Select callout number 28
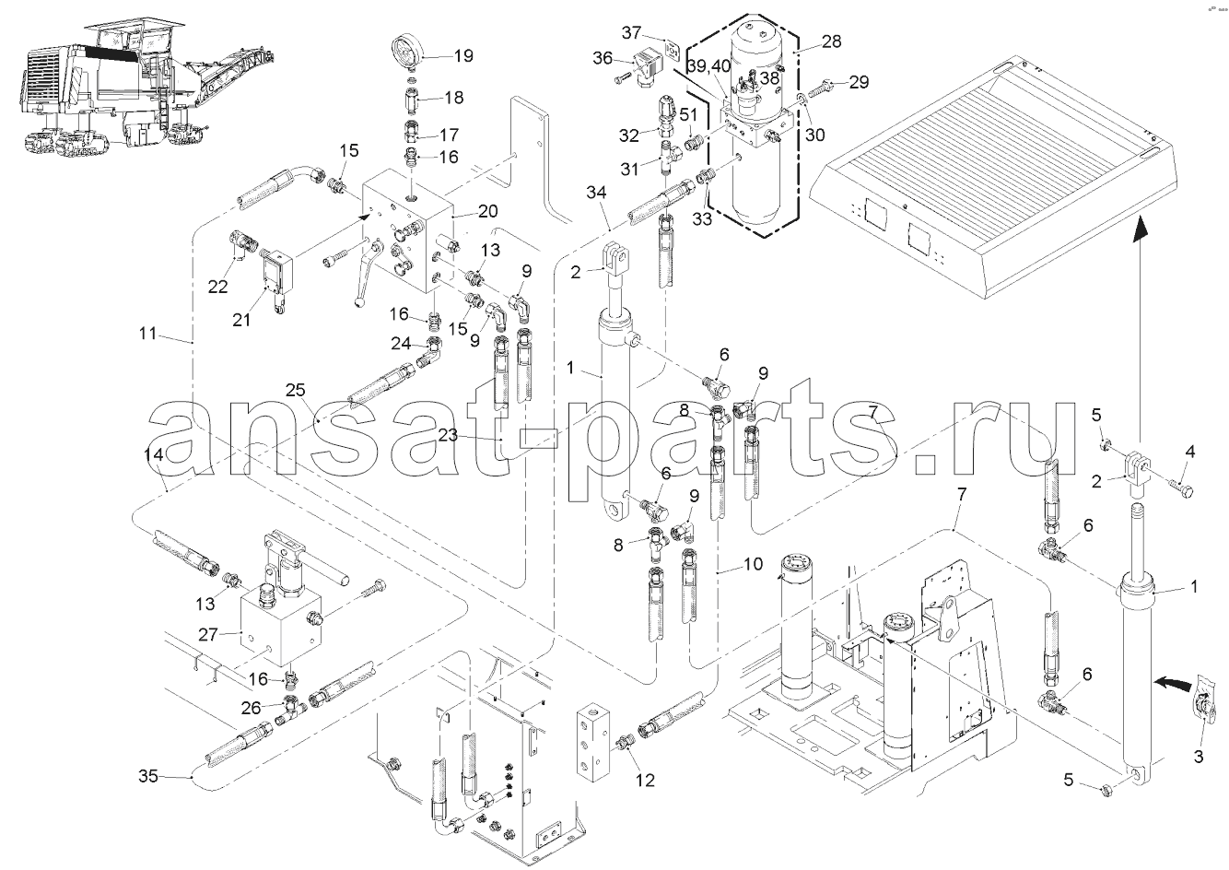click(831, 43)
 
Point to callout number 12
click(645, 781)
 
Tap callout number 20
click(487, 210)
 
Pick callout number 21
click(241, 319)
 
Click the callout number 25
click(295, 391)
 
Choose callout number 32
click(629, 135)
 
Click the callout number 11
click(148, 334)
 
